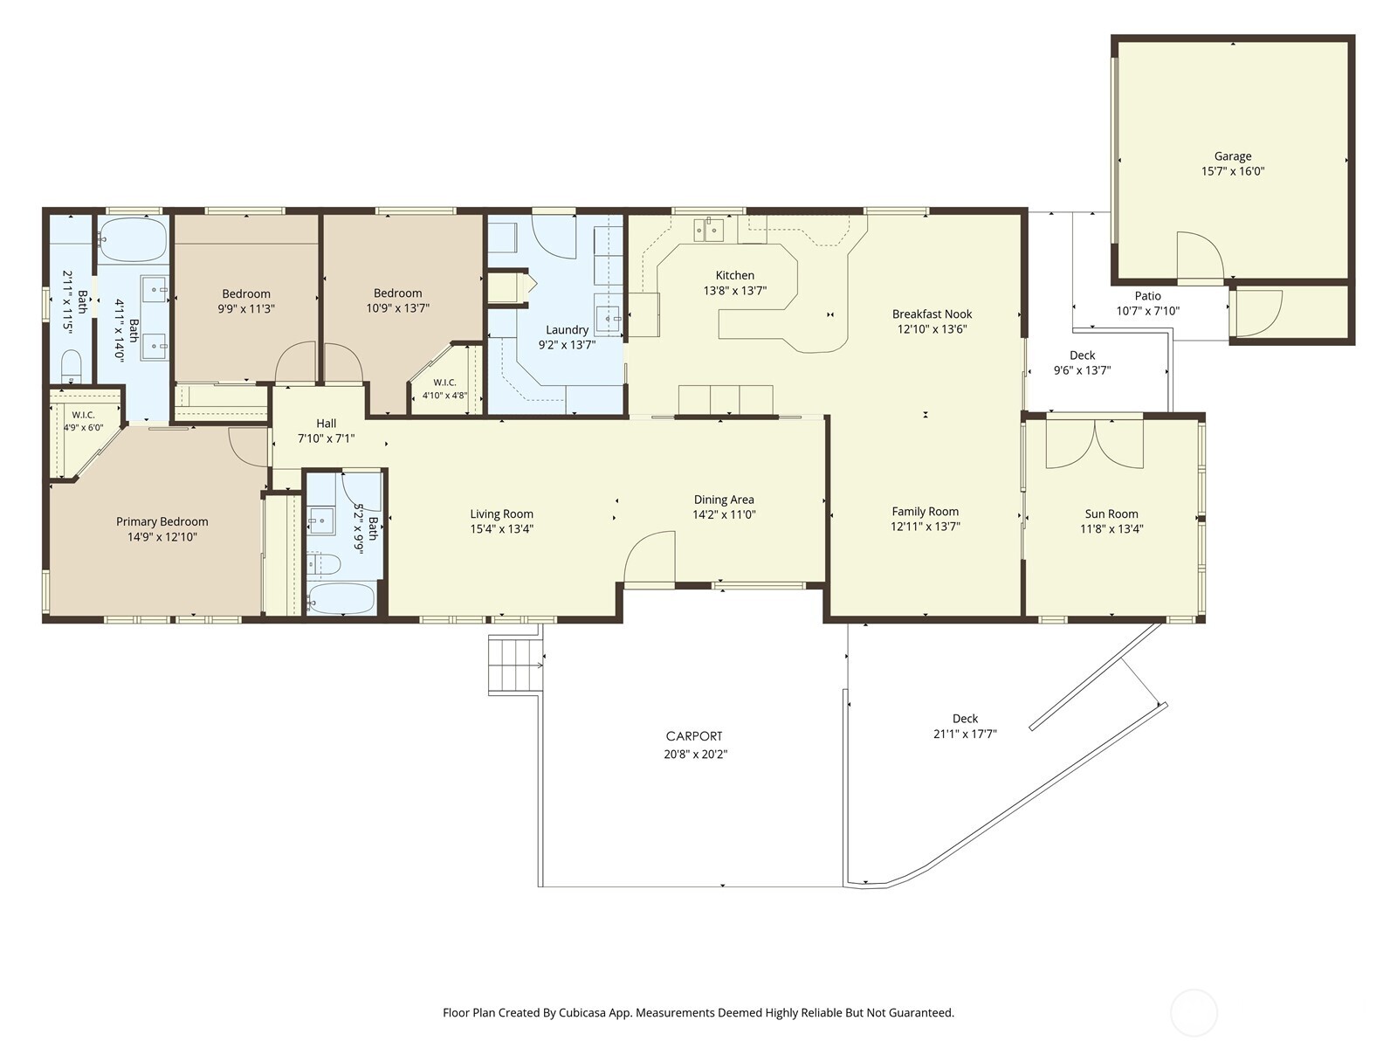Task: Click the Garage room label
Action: [1233, 156]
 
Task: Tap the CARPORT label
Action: [694, 736]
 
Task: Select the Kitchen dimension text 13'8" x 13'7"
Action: [734, 291]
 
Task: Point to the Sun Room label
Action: [1111, 514]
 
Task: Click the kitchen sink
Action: [709, 230]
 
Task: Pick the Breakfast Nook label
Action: [932, 314]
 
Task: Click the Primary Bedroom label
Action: [162, 521]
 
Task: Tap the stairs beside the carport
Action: [515, 664]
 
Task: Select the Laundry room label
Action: [567, 329]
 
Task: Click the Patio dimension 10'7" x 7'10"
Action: [1147, 311]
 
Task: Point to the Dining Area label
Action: [724, 500]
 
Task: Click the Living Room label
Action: [501, 514]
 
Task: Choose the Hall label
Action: [326, 424]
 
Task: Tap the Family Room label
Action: [925, 511]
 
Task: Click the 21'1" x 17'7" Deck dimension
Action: [965, 734]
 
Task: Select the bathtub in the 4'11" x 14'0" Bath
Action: [132, 240]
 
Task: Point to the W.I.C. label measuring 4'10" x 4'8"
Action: [444, 383]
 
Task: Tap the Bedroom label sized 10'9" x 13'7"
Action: [397, 293]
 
